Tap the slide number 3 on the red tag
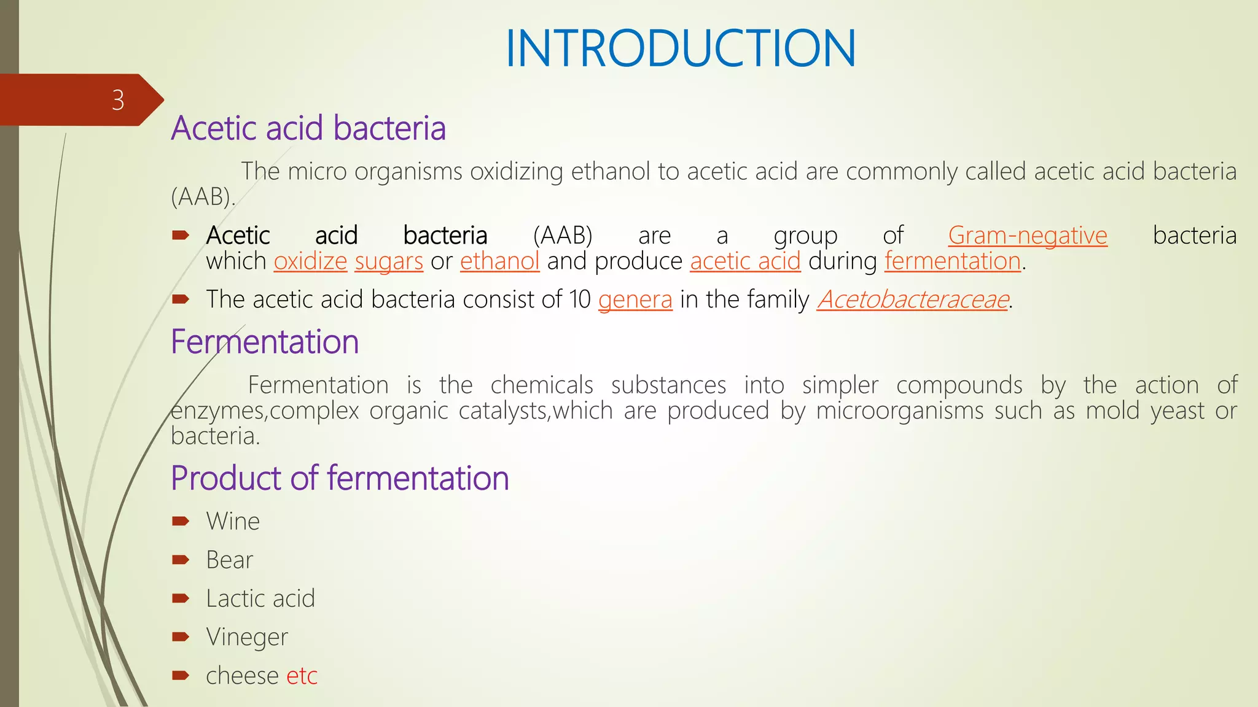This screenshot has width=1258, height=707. (x=118, y=100)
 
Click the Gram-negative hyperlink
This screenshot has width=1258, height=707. (x=1027, y=236)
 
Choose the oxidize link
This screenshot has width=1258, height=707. (x=310, y=261)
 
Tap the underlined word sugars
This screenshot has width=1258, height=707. (x=389, y=261)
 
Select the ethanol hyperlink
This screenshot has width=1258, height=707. (x=499, y=261)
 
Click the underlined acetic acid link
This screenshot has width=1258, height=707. (x=745, y=261)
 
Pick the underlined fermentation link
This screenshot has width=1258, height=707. (x=952, y=261)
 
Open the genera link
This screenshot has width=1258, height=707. (x=635, y=299)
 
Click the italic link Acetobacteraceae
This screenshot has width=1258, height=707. (x=912, y=299)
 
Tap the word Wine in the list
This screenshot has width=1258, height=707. (x=233, y=521)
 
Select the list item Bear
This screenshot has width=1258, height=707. (x=229, y=560)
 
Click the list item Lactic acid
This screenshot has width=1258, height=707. (x=260, y=598)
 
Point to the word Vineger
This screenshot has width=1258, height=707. (x=247, y=637)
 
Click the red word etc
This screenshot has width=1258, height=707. (x=302, y=676)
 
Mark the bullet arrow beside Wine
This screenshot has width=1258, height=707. (x=181, y=521)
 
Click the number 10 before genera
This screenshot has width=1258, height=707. (x=579, y=299)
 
